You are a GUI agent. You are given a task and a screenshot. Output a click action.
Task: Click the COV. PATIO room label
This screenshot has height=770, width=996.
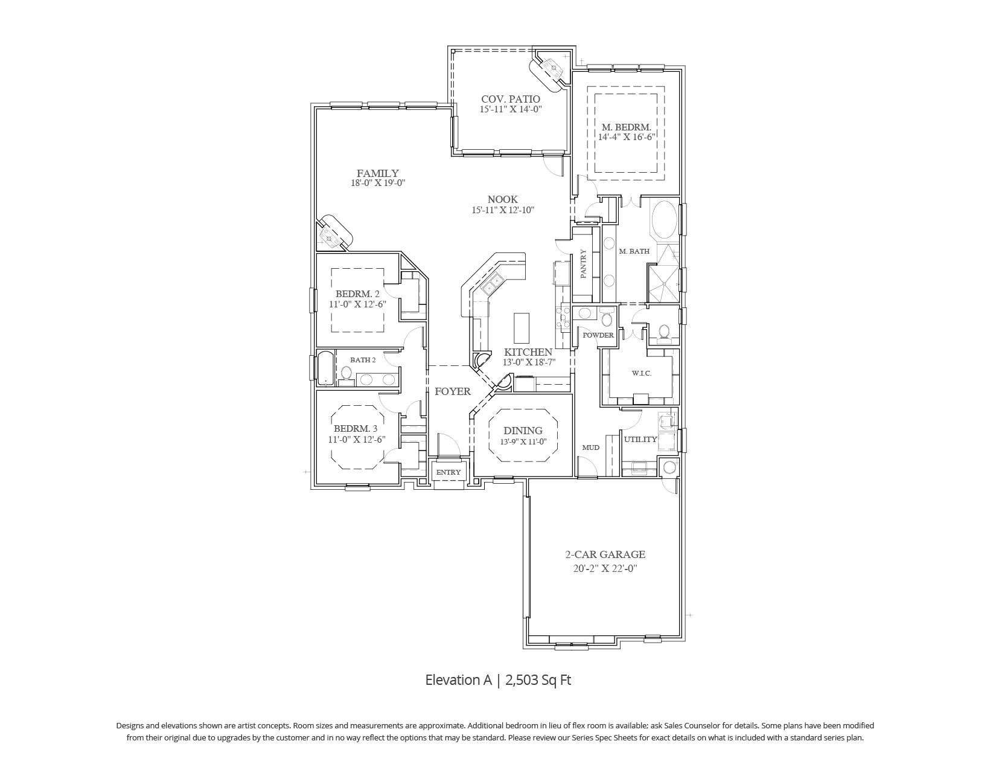pyautogui.click(x=510, y=98)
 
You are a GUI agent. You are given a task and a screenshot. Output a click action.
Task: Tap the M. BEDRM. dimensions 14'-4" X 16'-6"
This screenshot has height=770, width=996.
pyautogui.click(x=627, y=137)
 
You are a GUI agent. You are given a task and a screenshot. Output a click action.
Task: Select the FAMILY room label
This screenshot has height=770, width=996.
pyautogui.click(x=377, y=173)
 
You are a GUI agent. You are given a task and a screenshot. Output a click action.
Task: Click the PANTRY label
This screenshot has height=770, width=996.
pyautogui.click(x=584, y=264)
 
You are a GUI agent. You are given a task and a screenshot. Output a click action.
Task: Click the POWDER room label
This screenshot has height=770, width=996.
pyautogui.click(x=598, y=335)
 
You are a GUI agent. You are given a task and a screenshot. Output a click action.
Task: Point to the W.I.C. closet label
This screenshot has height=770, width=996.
pyautogui.click(x=642, y=373)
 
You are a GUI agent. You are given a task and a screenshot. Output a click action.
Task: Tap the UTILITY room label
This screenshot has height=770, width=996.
pyautogui.click(x=640, y=439)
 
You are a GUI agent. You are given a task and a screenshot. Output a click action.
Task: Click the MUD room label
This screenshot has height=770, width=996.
pyautogui.click(x=590, y=448)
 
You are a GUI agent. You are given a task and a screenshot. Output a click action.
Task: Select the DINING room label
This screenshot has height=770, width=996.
pyautogui.click(x=523, y=431)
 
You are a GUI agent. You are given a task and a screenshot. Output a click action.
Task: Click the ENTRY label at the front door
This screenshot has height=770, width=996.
pyautogui.click(x=448, y=472)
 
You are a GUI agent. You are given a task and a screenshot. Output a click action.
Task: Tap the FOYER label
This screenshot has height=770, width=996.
pyautogui.click(x=453, y=391)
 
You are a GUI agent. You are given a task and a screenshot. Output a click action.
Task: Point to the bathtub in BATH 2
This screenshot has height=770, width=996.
pyautogui.click(x=325, y=368)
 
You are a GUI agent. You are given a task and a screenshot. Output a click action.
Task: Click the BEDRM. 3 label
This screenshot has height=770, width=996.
pyautogui.click(x=356, y=429)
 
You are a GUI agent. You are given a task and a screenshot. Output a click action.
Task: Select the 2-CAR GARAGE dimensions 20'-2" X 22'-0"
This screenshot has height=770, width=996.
pyautogui.click(x=605, y=568)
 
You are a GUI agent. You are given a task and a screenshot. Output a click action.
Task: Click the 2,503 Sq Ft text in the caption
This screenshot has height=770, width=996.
pyautogui.click(x=538, y=680)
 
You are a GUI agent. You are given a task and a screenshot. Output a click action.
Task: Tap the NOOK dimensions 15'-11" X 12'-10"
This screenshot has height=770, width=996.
pyautogui.click(x=503, y=210)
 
